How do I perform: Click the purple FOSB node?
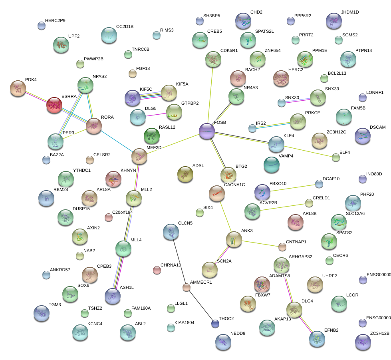207,131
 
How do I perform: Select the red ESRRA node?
54,105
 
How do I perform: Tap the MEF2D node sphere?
139,156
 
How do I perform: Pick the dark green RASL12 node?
151,136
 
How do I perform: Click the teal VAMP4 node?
272,165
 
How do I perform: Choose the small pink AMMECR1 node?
186,287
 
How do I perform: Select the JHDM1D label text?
350,12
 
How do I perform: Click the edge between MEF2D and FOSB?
173,143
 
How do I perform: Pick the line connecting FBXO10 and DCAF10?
290,188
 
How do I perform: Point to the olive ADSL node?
185,174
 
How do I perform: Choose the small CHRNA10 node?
157,270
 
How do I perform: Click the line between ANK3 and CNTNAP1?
258,243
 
